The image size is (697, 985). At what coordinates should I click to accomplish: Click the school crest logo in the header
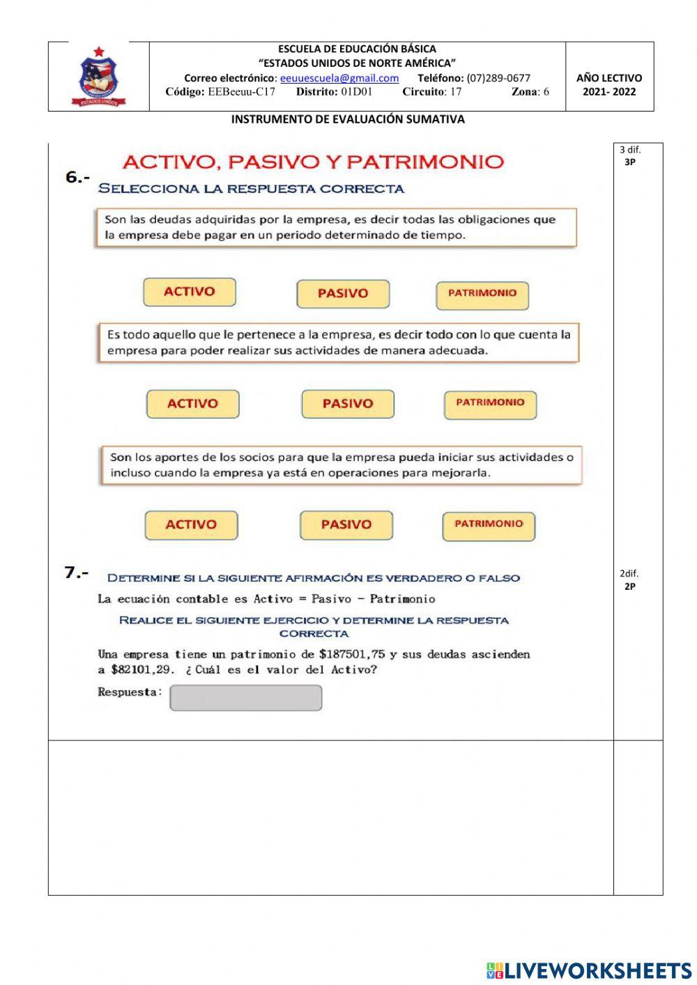[x=99, y=77]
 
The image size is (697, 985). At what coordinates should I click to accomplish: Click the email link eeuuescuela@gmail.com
[x=339, y=78]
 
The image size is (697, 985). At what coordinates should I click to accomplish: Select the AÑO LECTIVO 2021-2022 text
[x=608, y=84]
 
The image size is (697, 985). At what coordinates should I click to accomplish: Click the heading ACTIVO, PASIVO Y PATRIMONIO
[x=313, y=162]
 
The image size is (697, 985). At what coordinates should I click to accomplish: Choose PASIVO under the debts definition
[x=343, y=293]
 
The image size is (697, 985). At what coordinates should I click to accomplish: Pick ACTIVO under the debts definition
[x=190, y=292]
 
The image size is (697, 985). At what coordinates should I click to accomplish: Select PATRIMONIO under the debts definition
[x=482, y=294]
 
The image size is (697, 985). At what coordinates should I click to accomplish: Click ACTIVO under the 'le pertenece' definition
[x=192, y=404]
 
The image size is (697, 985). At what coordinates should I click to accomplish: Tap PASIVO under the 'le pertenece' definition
[x=348, y=404]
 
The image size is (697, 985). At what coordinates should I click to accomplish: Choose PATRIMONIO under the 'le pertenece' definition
[x=490, y=404]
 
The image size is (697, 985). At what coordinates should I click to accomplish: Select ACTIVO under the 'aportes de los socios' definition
[x=191, y=525]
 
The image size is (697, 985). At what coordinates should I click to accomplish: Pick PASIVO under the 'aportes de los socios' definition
[x=346, y=525]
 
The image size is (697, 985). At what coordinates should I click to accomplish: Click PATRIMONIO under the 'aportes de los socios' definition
[x=489, y=525]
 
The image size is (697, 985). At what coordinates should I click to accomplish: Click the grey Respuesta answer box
[x=245, y=697]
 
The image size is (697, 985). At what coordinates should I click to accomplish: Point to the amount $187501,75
[x=352, y=654]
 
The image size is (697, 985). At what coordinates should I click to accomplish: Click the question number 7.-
[x=77, y=573]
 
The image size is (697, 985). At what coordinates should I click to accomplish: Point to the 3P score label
[x=629, y=162]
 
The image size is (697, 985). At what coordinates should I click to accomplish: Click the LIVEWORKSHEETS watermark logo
[x=589, y=970]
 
